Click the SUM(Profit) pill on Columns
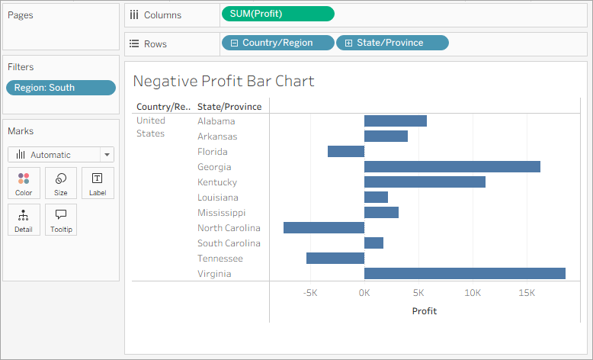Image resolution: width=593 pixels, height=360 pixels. point(277,14)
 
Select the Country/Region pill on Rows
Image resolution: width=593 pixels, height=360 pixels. point(277,43)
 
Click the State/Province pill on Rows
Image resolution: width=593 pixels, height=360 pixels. point(392,43)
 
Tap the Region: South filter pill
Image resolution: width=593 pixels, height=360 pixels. point(61,88)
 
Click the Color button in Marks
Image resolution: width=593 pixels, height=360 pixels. point(24,183)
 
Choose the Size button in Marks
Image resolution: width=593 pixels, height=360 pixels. point(61,183)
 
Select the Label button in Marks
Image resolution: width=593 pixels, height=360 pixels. point(98,183)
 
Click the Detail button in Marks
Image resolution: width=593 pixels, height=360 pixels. point(24,220)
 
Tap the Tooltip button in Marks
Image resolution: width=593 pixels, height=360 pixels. point(61,220)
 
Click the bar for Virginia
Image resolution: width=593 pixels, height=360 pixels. point(465,274)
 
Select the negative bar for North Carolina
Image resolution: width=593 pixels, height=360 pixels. point(324,228)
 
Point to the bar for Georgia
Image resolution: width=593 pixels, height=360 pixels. point(452,167)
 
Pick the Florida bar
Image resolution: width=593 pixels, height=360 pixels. point(346,152)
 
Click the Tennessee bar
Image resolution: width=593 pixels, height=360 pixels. point(335,259)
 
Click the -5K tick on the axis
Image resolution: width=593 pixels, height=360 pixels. point(310,293)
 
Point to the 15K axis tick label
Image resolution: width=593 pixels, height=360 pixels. point(527,293)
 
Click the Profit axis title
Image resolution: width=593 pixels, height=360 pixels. point(425,311)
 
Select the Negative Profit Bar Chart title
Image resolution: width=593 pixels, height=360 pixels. point(223,81)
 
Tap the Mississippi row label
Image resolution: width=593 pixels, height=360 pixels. point(222,213)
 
